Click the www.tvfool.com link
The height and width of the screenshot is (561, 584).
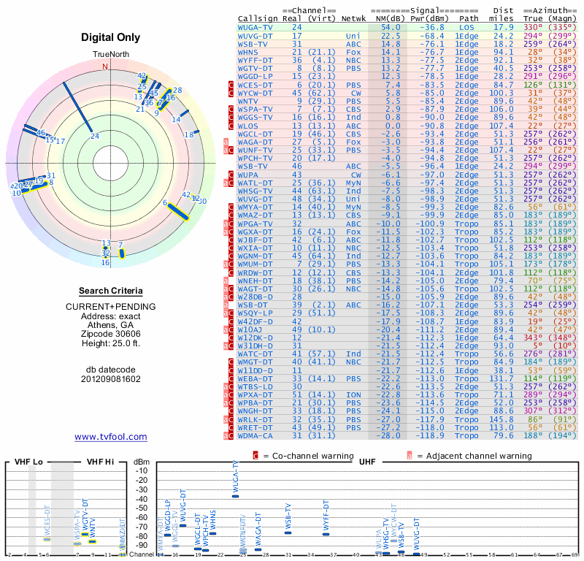(111, 437)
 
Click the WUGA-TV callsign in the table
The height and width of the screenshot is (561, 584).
(255, 27)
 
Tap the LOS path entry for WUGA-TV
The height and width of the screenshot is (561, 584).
(466, 27)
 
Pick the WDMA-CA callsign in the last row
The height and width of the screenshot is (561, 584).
(255, 435)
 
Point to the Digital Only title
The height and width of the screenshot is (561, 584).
(111, 37)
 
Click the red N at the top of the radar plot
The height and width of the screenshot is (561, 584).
(105, 66)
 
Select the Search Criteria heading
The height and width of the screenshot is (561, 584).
(111, 290)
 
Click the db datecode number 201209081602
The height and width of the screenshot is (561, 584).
(111, 379)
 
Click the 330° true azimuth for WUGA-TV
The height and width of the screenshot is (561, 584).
(534, 27)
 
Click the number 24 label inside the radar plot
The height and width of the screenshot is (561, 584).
(95, 135)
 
